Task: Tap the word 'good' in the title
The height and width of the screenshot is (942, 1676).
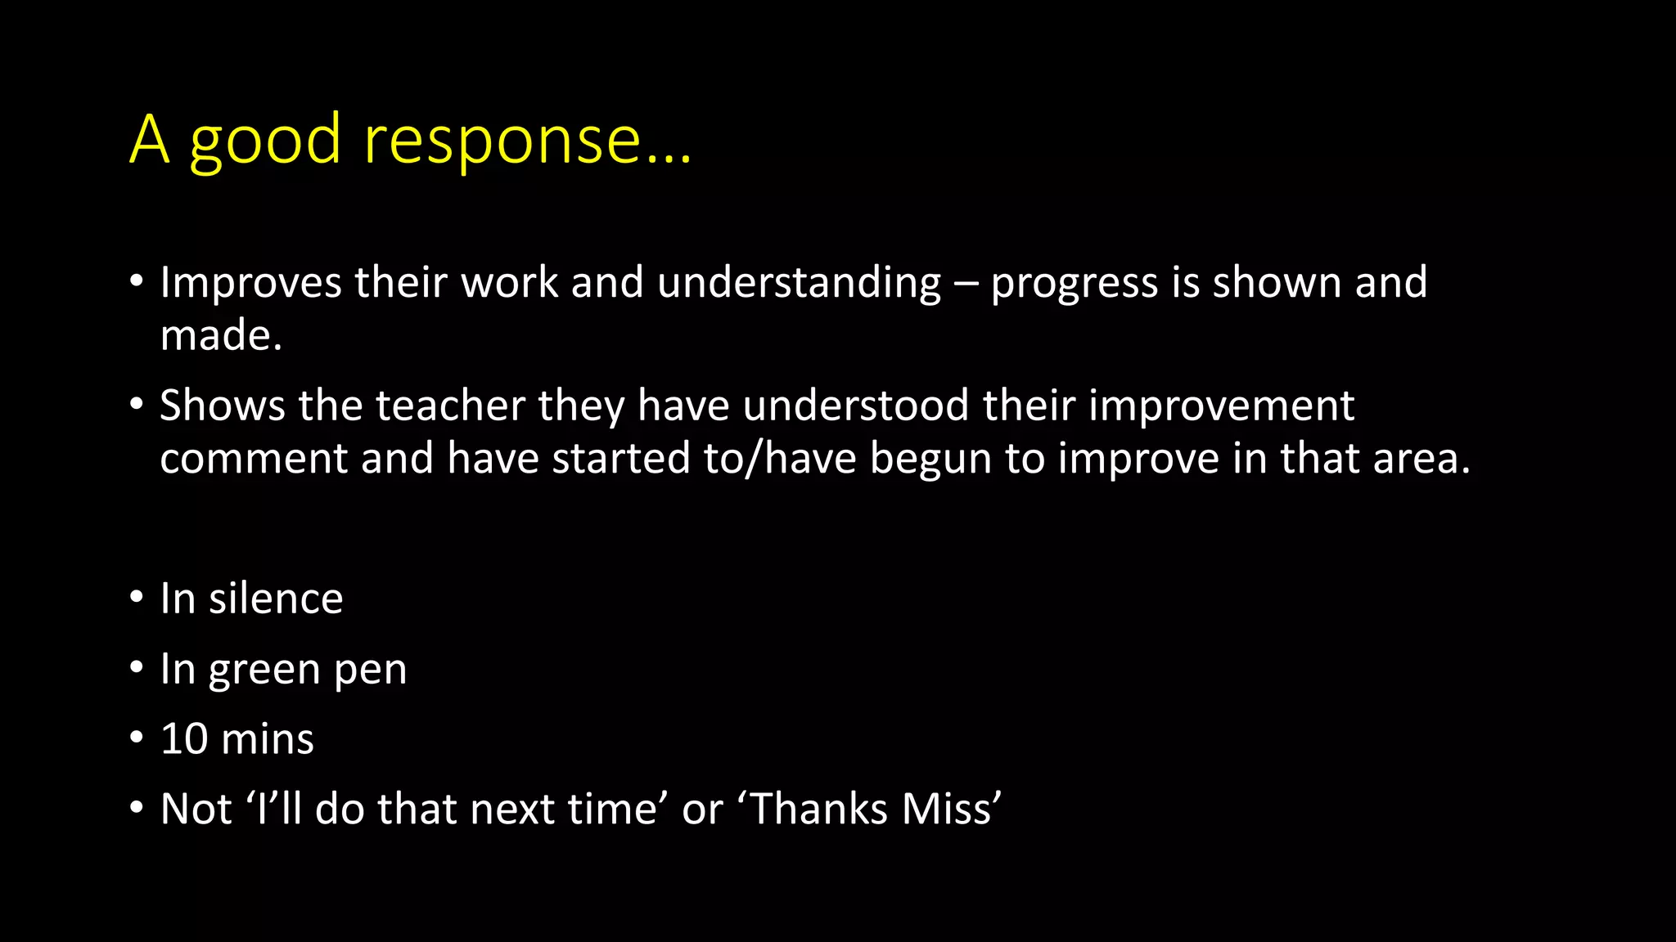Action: click(x=264, y=141)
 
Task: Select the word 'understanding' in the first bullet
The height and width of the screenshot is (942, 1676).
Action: click(x=799, y=283)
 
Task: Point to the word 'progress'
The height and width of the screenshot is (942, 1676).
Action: click(x=1074, y=285)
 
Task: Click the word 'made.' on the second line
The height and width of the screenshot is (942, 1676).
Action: click(x=221, y=336)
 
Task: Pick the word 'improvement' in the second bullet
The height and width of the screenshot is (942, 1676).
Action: click(x=1221, y=406)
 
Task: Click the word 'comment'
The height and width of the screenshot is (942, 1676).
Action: click(x=254, y=459)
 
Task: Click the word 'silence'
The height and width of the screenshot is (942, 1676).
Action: click(x=276, y=599)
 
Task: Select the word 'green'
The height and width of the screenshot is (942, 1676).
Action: click(x=264, y=671)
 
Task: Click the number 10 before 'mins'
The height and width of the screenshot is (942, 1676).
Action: click(x=184, y=739)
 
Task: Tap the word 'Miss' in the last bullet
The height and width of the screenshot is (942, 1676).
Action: click(x=951, y=810)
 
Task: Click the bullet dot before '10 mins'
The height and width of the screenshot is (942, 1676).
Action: click(x=137, y=738)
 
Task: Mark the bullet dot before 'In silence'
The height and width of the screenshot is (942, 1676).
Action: click(x=137, y=598)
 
